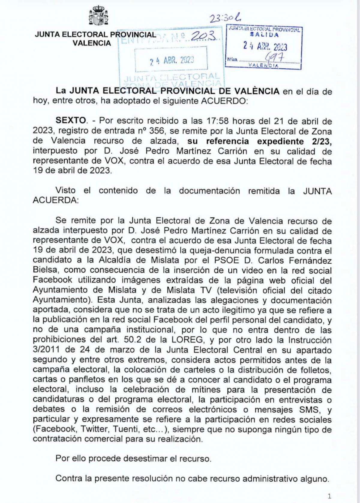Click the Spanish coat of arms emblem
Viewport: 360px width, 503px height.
click(x=98, y=16)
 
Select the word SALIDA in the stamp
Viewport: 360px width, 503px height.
click(x=264, y=34)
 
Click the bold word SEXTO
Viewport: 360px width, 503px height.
click(x=71, y=121)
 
